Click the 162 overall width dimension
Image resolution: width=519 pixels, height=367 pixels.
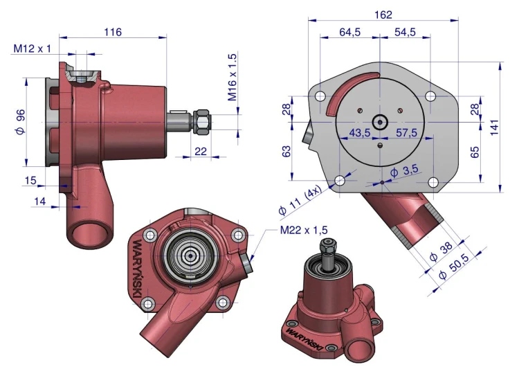tap(383, 15)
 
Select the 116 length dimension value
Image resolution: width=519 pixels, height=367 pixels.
tap(113, 32)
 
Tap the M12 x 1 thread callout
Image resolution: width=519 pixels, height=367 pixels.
tap(32, 48)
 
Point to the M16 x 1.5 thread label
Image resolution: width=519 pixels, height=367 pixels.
tap(233, 77)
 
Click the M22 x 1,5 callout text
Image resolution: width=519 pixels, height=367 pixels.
tap(304, 230)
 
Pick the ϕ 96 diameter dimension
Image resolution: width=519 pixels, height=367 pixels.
tap(20, 122)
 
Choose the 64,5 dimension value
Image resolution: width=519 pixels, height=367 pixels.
tap(350, 32)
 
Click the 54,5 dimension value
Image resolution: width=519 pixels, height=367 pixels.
tap(405, 32)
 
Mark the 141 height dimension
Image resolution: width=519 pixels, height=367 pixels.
tap(494, 127)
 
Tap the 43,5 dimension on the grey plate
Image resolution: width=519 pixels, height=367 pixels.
tap(360, 133)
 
